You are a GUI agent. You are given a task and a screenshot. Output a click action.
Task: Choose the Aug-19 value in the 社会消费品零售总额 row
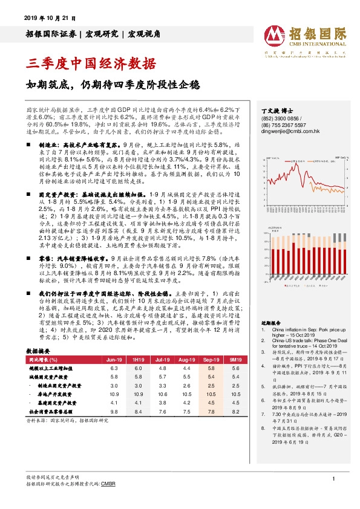186,410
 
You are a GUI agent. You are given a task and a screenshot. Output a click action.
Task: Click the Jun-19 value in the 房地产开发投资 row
114,394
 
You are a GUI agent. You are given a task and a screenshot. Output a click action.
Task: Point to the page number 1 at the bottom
333,479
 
